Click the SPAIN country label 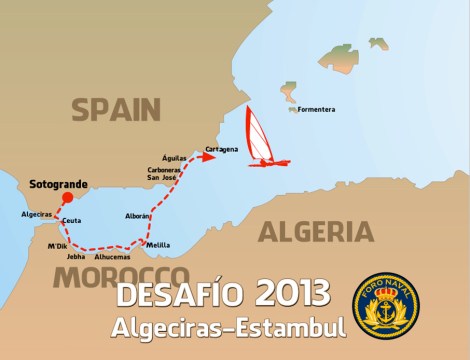click(x=116, y=109)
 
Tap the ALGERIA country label click(x=316, y=233)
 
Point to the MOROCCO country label click(x=121, y=276)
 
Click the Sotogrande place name click(x=57, y=184)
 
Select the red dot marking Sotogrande click(x=67, y=198)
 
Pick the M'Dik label click(x=57, y=245)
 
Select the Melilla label click(x=158, y=245)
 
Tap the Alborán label click(x=138, y=216)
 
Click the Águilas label click(x=175, y=157)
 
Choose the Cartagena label click(x=221, y=149)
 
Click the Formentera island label click(x=315, y=108)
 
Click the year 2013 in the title click(x=292, y=293)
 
